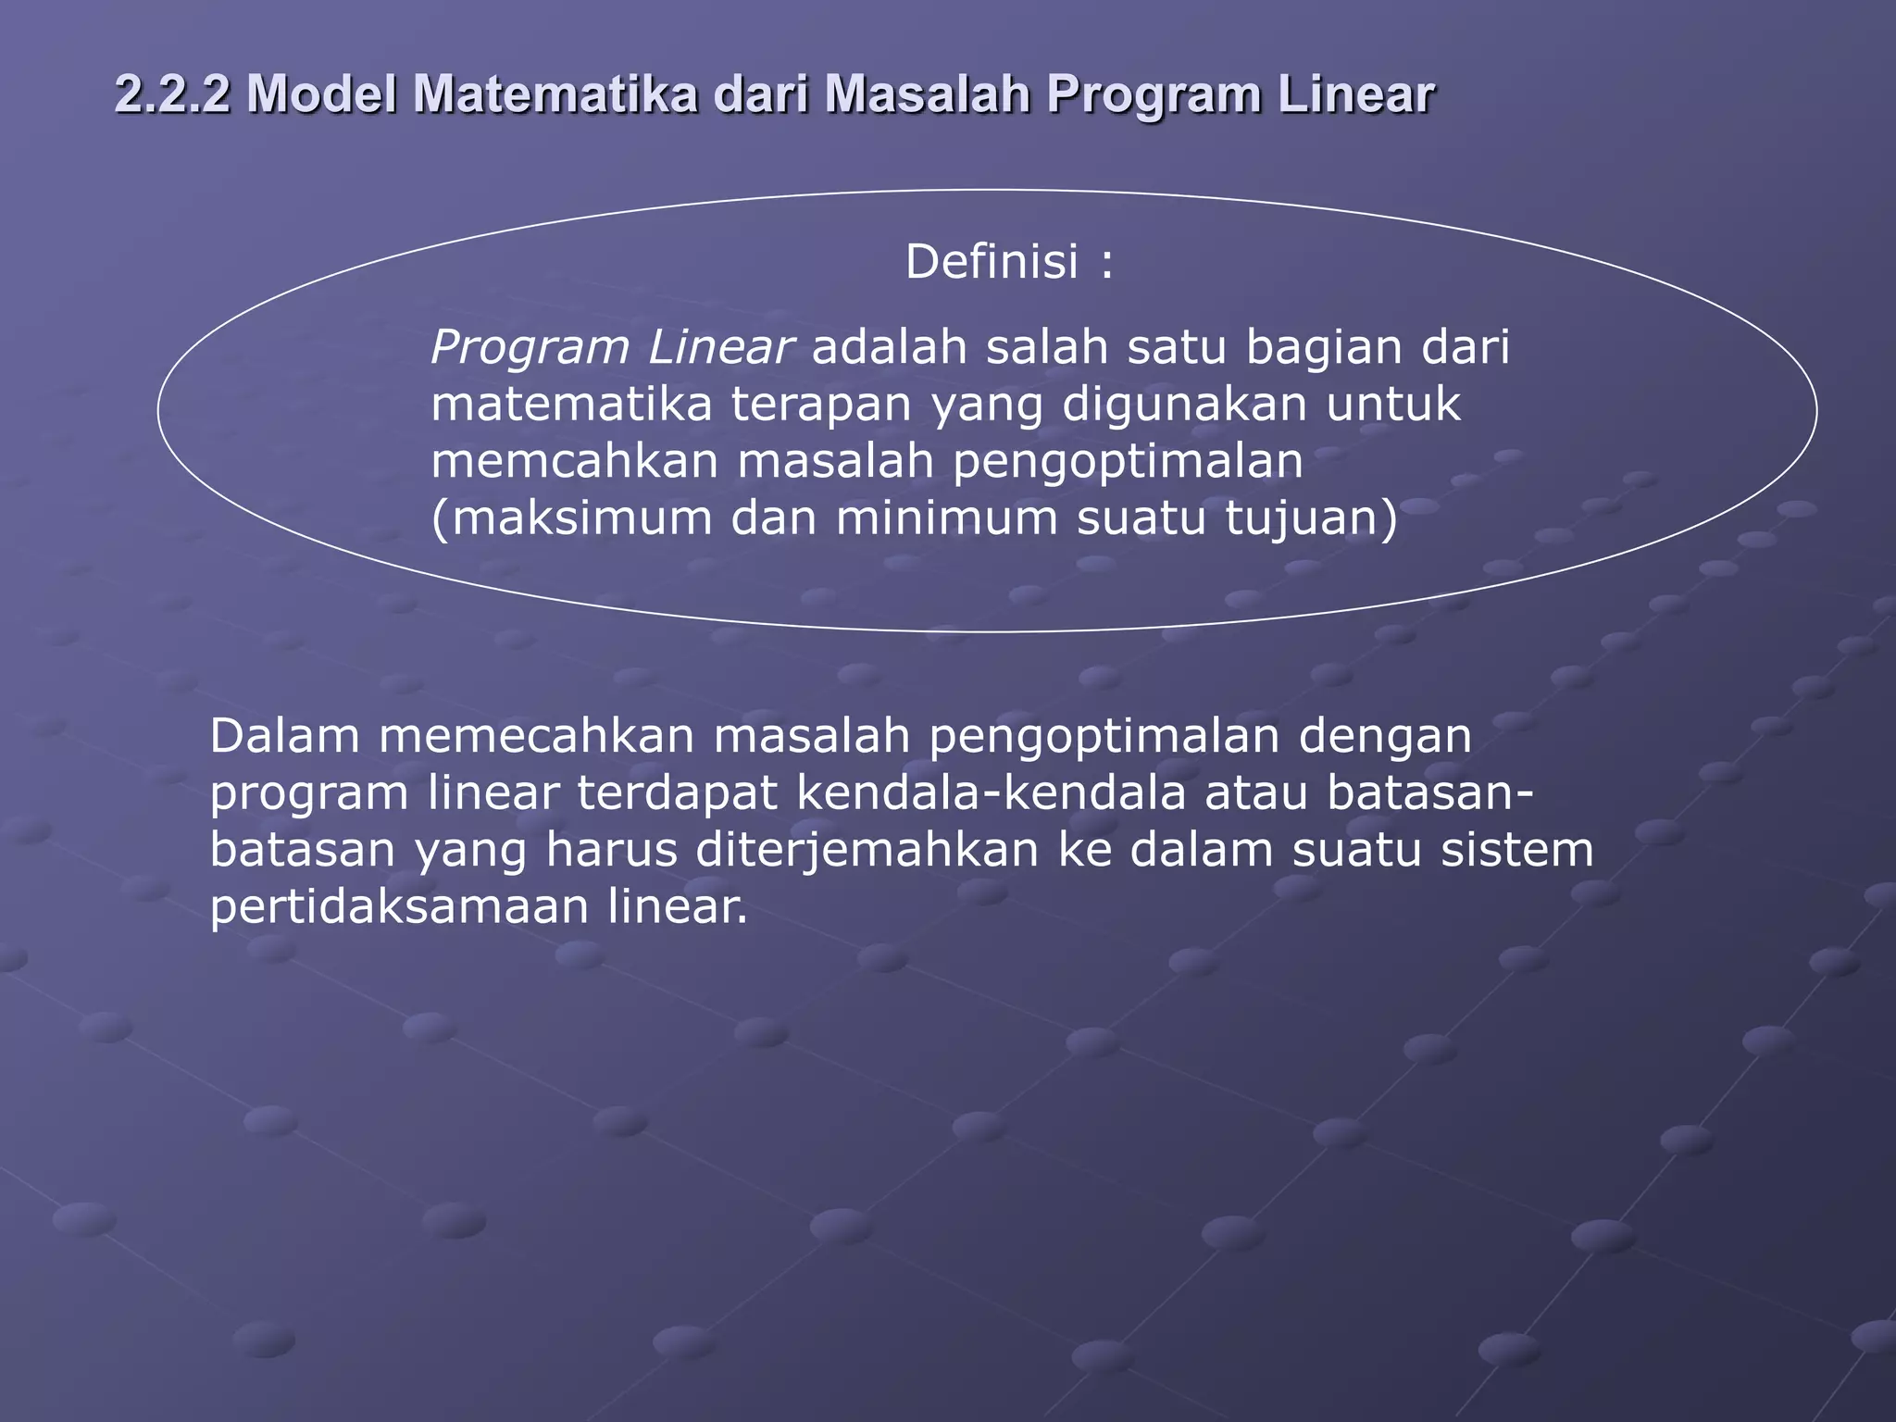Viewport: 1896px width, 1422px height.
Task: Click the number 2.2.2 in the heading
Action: point(172,94)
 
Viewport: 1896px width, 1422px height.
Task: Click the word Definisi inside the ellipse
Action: point(992,262)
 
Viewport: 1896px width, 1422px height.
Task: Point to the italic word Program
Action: point(529,349)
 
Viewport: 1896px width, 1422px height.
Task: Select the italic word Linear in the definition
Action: point(719,347)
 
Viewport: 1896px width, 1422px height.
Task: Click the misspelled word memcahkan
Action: point(574,461)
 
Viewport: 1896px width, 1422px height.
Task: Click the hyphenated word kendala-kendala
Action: point(991,793)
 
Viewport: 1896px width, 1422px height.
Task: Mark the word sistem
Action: point(1517,850)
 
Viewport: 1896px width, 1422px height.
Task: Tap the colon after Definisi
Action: point(1107,264)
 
